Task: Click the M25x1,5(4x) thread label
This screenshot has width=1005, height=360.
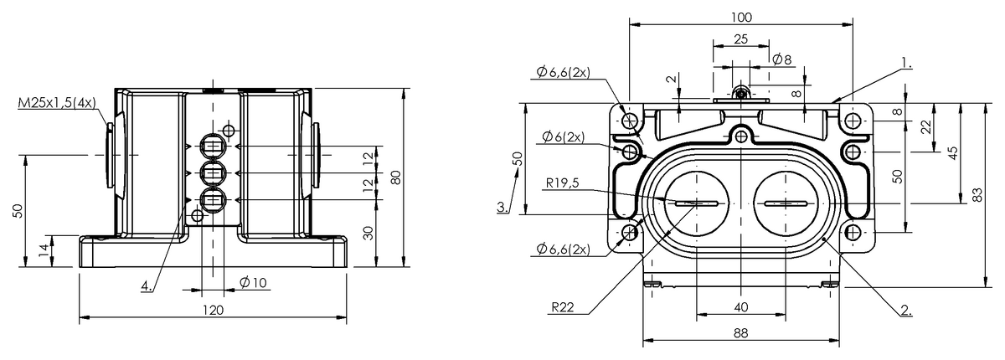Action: (x=56, y=103)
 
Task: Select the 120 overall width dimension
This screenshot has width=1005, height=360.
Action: (x=213, y=310)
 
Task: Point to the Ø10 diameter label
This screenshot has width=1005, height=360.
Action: (x=252, y=282)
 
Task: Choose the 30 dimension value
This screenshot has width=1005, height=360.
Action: (x=368, y=233)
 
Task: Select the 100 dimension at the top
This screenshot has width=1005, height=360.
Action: (x=740, y=17)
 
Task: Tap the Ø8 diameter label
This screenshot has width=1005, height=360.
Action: (x=782, y=59)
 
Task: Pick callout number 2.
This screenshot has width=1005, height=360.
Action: (x=905, y=311)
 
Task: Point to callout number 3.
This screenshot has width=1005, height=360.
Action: (x=502, y=206)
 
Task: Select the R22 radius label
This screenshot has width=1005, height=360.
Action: (x=563, y=307)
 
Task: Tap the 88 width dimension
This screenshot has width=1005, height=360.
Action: (x=740, y=332)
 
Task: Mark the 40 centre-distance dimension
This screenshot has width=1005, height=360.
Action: (x=740, y=307)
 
